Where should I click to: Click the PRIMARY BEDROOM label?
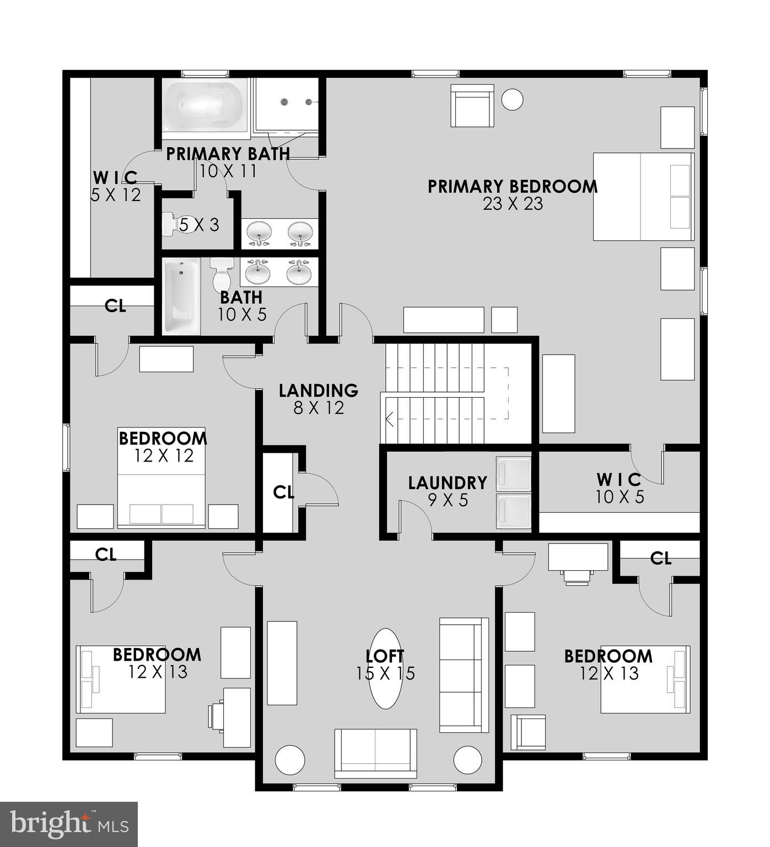pyautogui.click(x=513, y=186)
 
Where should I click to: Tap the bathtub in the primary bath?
pyautogui.click(x=204, y=105)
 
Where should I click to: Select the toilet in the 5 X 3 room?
pyautogui.click(x=177, y=224)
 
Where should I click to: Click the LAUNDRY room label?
pyautogui.click(x=448, y=483)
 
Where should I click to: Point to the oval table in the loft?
pyautogui.click(x=386, y=668)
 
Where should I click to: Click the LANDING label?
pyautogui.click(x=318, y=390)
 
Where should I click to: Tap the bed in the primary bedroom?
pyautogui.click(x=643, y=197)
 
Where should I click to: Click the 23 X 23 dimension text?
pyautogui.click(x=513, y=204)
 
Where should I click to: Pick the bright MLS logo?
pyautogui.click(x=69, y=824)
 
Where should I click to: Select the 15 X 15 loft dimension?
pyautogui.click(x=385, y=673)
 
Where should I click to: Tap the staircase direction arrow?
pyautogui.click(x=389, y=420)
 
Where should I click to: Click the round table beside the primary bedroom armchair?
pyautogui.click(x=512, y=100)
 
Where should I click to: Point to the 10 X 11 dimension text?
pyautogui.click(x=228, y=171)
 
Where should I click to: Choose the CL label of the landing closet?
pyautogui.click(x=283, y=492)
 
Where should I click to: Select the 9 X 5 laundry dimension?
pyautogui.click(x=448, y=500)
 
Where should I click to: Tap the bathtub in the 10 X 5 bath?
pyautogui.click(x=181, y=297)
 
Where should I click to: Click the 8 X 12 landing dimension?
pyautogui.click(x=319, y=408)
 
